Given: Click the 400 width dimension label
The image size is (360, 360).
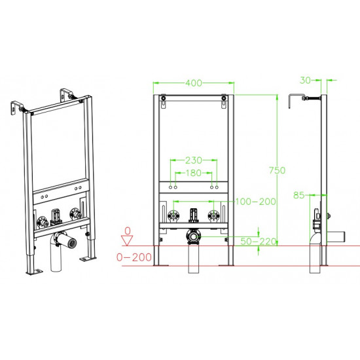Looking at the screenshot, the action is (194, 83).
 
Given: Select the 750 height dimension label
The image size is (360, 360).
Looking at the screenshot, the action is (277, 170).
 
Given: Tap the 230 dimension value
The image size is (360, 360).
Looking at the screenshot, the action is (194, 160).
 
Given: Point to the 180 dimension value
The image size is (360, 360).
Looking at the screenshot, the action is (194, 173).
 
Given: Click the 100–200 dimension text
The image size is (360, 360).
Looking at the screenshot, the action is (255, 202).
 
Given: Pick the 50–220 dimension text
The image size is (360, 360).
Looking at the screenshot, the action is (259, 242).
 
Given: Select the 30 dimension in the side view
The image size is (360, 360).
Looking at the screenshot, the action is (306, 81).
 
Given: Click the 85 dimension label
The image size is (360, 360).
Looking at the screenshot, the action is (299, 196).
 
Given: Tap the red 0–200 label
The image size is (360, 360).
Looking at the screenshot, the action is (134, 257).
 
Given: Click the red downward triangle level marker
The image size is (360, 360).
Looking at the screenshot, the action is (127, 241).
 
